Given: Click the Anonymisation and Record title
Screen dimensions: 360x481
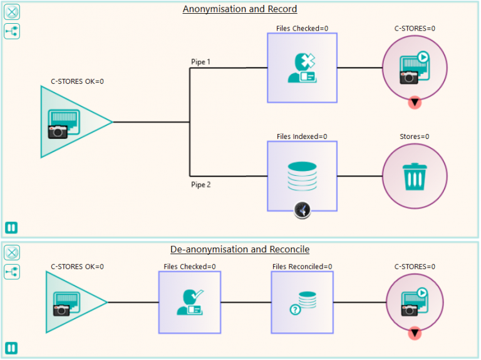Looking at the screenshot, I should tap(240, 9).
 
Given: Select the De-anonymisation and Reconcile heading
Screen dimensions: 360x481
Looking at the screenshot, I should tap(240, 249).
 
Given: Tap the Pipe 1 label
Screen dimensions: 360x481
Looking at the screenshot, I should tap(201, 61).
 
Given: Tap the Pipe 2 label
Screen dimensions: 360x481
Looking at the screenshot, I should tap(201, 184).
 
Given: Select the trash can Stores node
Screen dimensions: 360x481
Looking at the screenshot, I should tap(415, 176).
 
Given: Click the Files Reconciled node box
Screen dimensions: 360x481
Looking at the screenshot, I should tap(302, 302).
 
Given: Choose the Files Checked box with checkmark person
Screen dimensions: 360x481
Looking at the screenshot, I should tap(189, 302).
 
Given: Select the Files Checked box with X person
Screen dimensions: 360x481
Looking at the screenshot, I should tap(302, 68).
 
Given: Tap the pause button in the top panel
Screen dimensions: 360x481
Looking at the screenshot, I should tap(12, 228).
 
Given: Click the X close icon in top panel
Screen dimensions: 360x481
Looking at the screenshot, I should tap(12, 12).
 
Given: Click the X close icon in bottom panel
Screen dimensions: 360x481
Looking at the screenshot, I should tap(12, 253).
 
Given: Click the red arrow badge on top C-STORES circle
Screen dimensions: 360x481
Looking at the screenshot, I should tap(415, 102).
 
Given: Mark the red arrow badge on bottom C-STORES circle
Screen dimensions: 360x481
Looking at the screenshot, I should tap(415, 334).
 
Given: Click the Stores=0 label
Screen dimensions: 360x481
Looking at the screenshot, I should tap(415, 136).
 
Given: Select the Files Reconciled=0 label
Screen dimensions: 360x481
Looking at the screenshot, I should tap(302, 267).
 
